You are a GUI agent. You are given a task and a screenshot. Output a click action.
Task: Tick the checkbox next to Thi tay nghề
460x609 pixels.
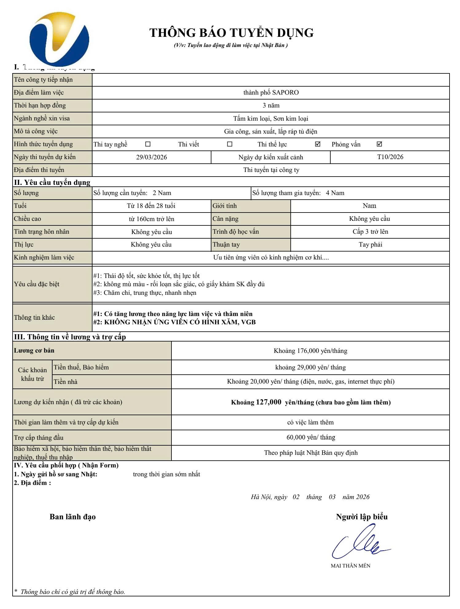[x=148, y=144]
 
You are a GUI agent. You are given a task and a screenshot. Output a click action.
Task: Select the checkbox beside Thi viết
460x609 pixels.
[x=230, y=144]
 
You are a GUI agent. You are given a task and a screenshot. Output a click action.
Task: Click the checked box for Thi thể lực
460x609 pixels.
[x=318, y=144]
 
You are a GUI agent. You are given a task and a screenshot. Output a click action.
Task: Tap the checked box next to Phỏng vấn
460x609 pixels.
[x=379, y=144]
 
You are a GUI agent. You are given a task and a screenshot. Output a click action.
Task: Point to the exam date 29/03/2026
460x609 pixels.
[x=151, y=157]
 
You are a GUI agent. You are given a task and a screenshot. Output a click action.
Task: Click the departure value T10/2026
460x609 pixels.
[x=390, y=157]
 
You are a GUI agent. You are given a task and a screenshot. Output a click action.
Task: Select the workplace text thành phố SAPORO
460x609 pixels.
[x=271, y=92]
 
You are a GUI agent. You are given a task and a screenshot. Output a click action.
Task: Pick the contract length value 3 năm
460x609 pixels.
[x=271, y=105]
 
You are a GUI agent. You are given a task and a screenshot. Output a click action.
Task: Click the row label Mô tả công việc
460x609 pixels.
[x=36, y=131]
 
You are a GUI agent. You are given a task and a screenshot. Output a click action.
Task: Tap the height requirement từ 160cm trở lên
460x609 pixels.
[x=151, y=219]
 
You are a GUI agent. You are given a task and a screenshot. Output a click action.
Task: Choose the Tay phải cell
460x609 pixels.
[x=370, y=244]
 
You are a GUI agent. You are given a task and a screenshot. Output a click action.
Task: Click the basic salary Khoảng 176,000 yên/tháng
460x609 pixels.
[x=310, y=351]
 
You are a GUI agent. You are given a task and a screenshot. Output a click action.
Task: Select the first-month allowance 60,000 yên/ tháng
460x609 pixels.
[x=310, y=437]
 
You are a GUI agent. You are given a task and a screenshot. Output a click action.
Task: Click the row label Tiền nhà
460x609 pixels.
[x=65, y=382]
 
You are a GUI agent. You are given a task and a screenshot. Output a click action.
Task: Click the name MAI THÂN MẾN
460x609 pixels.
[x=350, y=566]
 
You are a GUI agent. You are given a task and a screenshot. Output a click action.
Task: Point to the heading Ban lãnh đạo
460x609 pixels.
[x=73, y=517]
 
